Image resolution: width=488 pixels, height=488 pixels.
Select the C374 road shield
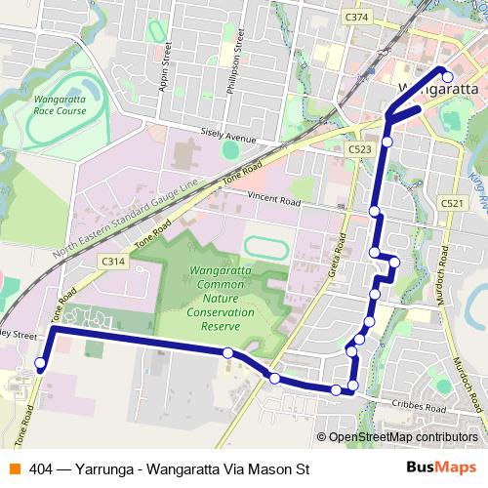click(x=357, y=17)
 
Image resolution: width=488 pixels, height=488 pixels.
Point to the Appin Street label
click(x=164, y=67)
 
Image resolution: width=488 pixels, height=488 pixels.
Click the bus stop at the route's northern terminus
click(x=446, y=76)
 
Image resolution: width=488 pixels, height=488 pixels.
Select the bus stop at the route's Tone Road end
click(x=40, y=364)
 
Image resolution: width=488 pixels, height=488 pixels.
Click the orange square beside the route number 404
click(x=15, y=468)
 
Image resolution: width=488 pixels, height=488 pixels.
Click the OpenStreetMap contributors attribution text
click(x=402, y=437)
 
